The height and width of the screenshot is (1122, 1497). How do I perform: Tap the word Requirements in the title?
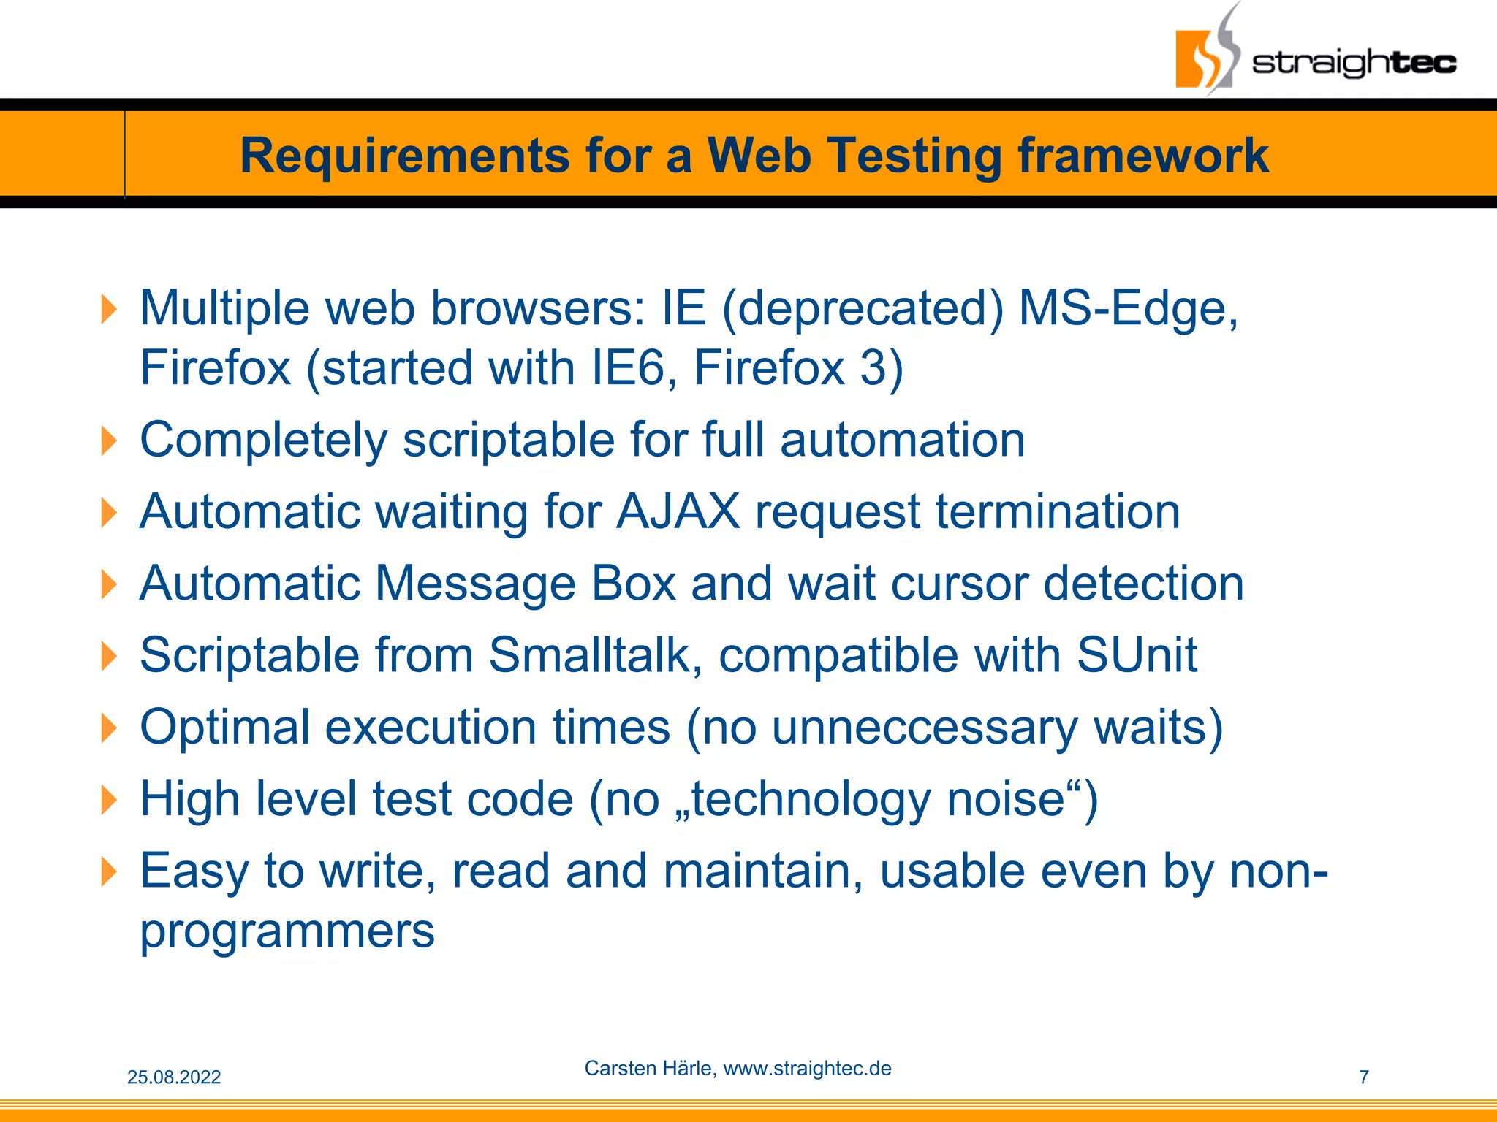coord(404,156)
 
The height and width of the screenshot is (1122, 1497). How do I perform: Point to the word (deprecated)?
coord(863,308)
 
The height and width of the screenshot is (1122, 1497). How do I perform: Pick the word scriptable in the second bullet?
coord(509,440)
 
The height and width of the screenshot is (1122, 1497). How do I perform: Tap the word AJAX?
coord(678,511)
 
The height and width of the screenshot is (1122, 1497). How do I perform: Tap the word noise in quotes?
coord(1005,799)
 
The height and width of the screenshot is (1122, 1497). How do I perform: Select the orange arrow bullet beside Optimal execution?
coord(108,728)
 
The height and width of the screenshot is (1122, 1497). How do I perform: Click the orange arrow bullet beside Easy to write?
coord(108,871)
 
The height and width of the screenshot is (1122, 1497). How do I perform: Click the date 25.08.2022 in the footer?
coord(174,1077)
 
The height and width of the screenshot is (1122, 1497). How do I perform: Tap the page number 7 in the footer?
coord(1363,1077)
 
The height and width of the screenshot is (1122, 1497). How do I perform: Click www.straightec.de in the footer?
coord(807,1068)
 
